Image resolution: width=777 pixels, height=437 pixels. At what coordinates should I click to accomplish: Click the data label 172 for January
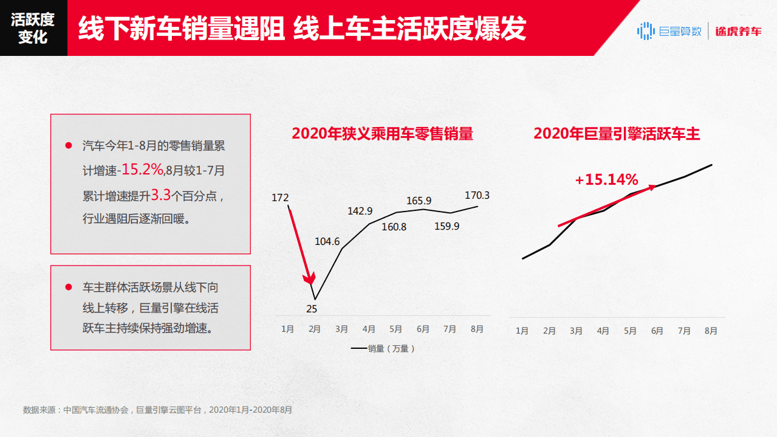coord(280,198)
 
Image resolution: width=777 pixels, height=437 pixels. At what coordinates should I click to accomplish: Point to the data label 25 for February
coord(312,309)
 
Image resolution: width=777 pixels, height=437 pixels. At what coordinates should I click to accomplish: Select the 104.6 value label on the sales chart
coord(327,241)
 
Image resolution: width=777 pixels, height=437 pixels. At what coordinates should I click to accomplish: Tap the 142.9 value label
coord(360,211)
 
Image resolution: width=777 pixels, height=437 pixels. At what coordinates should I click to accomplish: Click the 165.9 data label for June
coord(419,201)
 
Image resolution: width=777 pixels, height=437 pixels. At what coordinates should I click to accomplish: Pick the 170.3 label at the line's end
coord(477,196)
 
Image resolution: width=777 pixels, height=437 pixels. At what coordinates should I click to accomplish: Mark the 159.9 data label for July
coord(447,226)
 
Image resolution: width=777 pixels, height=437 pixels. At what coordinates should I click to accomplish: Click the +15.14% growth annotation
coord(606,180)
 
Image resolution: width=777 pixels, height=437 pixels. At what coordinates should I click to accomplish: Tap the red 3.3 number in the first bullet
coord(160,195)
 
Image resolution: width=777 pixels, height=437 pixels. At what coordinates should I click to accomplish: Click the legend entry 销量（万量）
coord(383,349)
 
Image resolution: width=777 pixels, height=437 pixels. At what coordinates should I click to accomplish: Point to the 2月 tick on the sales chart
coord(315,329)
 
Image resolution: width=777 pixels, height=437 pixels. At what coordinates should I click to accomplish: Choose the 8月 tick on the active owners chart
coord(711,331)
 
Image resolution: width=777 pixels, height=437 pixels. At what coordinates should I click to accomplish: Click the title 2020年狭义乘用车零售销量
coord(382,134)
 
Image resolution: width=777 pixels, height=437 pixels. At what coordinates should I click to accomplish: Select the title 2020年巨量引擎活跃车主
coord(617,134)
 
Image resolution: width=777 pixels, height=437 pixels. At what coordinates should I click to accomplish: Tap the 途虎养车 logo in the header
coord(738,31)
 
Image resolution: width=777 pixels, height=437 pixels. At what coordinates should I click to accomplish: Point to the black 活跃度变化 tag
coord(33,28)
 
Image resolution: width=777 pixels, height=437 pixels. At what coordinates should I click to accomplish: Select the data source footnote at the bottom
coord(157,410)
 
